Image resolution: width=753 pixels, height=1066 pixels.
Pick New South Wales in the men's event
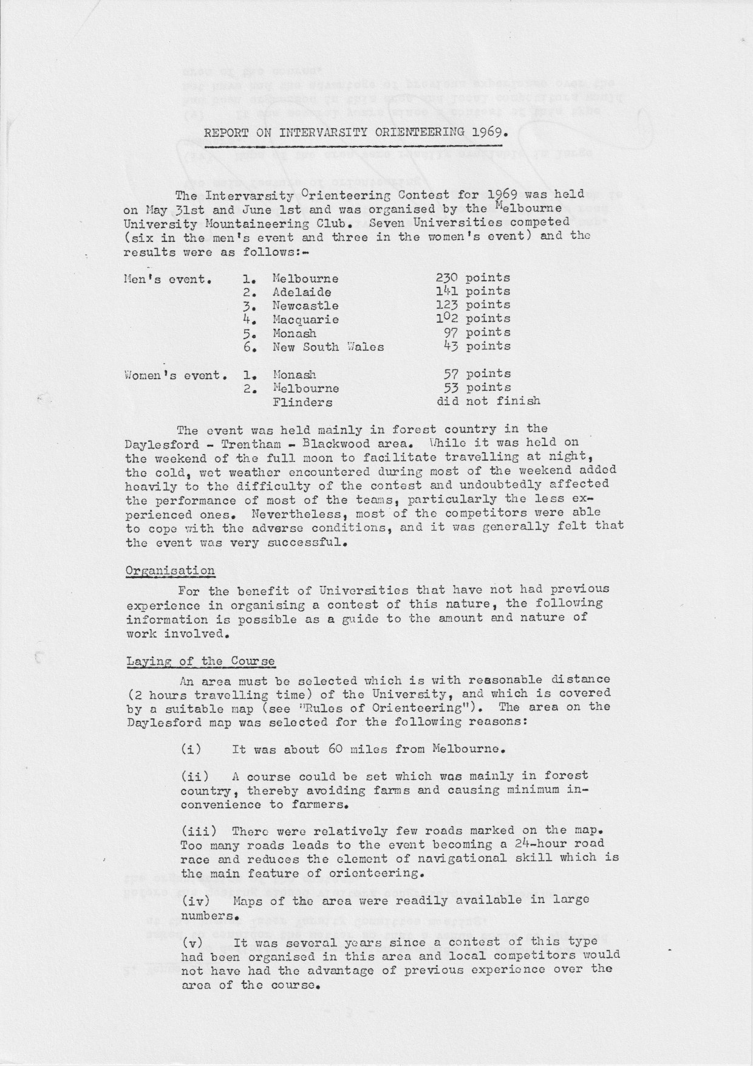328,347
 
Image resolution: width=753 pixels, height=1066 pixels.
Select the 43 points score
477,346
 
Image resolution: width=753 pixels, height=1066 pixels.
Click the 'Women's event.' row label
175,375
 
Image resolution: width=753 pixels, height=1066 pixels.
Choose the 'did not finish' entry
488,401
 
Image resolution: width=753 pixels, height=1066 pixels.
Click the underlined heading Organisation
170,571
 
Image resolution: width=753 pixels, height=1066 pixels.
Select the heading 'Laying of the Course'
200,661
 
